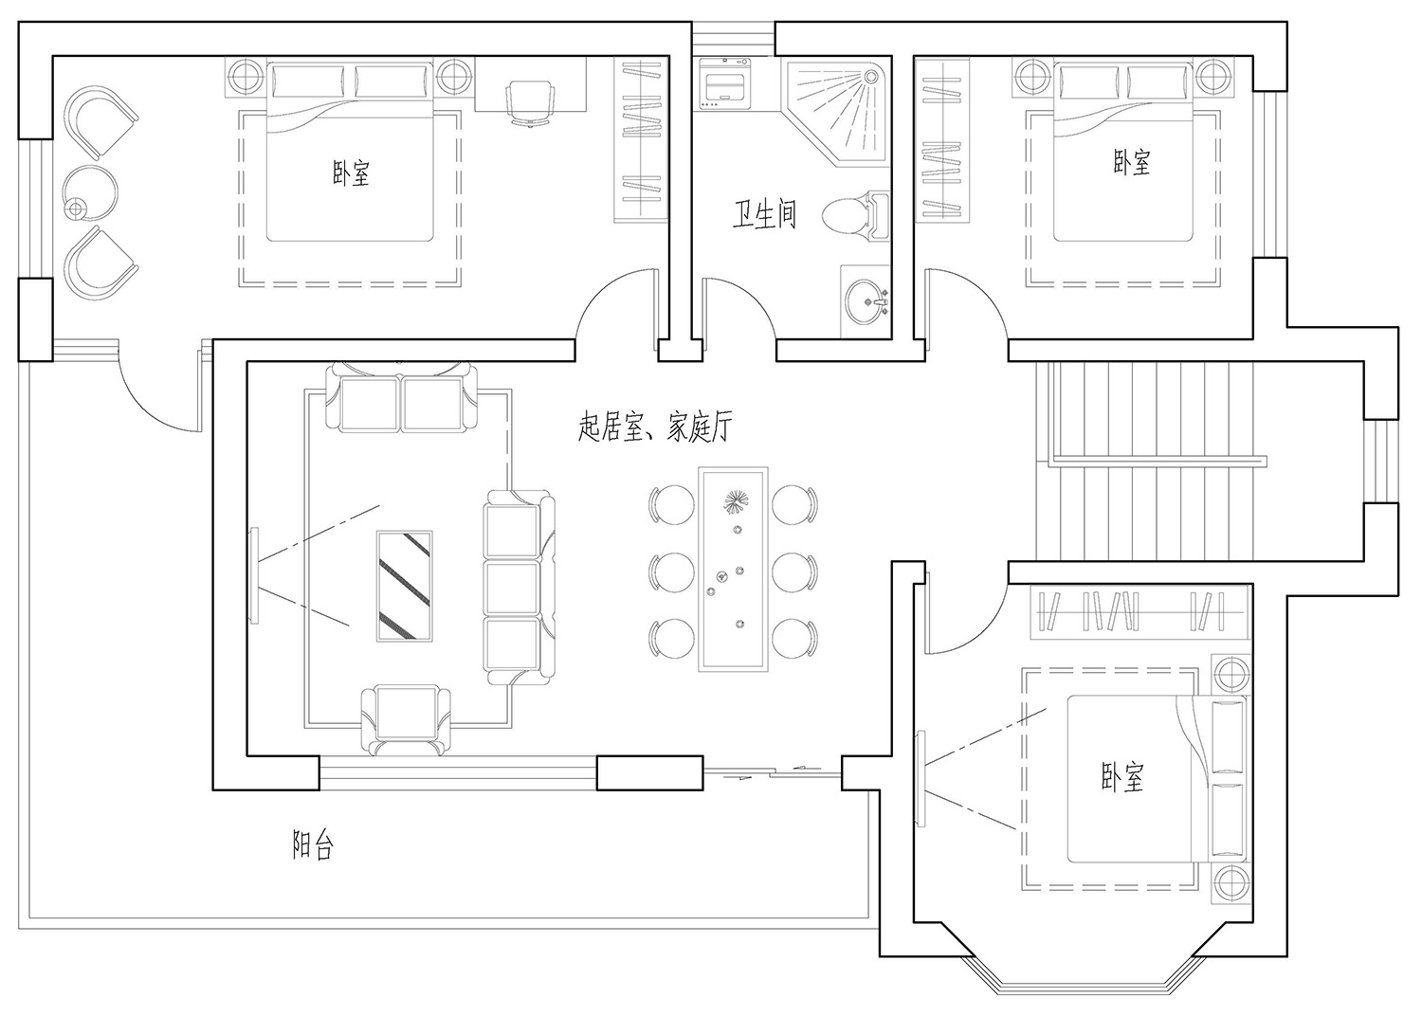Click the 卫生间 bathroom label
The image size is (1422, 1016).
click(x=764, y=214)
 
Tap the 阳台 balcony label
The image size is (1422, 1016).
click(x=312, y=844)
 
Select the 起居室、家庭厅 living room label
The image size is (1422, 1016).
click(x=655, y=426)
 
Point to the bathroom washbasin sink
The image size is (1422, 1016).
click(x=866, y=302)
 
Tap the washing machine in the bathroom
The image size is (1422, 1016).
click(x=724, y=83)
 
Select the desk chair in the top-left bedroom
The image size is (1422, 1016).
click(x=530, y=102)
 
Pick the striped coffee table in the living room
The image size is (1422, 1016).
click(x=405, y=586)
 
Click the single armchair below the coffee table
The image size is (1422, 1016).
click(x=406, y=721)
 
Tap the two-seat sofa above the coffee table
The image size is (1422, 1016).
click(x=401, y=396)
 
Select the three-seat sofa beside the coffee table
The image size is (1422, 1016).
click(x=520, y=587)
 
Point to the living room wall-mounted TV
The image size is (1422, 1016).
click(x=254, y=575)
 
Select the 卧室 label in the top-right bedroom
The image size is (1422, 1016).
click(x=1131, y=162)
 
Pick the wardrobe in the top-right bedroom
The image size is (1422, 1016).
click(x=942, y=139)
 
